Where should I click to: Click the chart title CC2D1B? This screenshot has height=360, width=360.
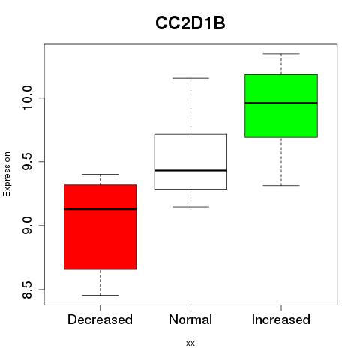click(x=190, y=23)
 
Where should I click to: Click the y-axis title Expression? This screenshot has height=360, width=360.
click(x=7, y=174)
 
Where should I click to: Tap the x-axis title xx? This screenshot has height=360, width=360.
click(x=190, y=343)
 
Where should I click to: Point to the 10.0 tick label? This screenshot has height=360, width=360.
click(x=27, y=97)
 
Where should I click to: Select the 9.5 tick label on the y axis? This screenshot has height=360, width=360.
click(x=27, y=162)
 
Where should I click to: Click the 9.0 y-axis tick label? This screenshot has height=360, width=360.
click(x=27, y=226)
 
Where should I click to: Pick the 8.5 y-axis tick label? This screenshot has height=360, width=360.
click(x=27, y=289)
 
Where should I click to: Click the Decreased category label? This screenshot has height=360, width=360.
click(x=100, y=319)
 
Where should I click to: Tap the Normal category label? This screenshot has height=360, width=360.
click(x=190, y=319)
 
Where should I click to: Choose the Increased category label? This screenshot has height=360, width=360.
click(x=281, y=319)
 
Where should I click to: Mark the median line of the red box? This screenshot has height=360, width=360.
click(x=100, y=209)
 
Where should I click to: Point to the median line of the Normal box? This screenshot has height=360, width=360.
click(x=190, y=170)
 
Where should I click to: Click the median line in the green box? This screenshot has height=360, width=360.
click(x=281, y=103)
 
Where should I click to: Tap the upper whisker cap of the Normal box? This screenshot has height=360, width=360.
click(x=190, y=78)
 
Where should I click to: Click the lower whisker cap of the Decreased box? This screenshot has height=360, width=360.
click(x=100, y=295)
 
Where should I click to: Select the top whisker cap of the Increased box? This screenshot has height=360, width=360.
click(x=281, y=54)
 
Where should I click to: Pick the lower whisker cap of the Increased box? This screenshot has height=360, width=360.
click(x=281, y=185)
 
